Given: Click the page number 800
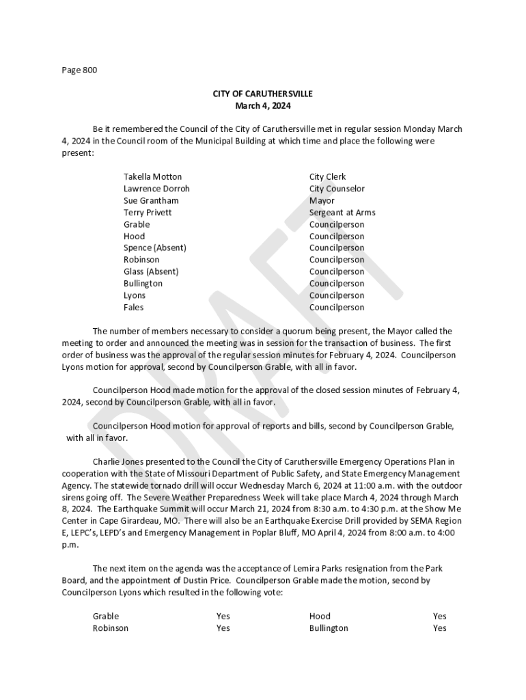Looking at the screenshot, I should click(89, 70).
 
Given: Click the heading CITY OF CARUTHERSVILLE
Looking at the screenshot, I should click(263, 94).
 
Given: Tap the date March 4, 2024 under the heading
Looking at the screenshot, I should click(263, 105).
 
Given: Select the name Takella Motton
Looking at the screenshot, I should click(152, 176).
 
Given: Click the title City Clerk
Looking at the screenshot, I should click(327, 176).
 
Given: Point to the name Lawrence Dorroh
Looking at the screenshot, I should click(156, 189).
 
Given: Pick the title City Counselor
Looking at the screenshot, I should click(337, 189).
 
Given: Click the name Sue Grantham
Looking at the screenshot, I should click(151, 200).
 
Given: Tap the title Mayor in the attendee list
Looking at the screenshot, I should click(322, 200).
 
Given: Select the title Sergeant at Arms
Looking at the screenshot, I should click(342, 213).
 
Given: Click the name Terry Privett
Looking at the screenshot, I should click(148, 213).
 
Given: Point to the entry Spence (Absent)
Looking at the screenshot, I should click(154, 247).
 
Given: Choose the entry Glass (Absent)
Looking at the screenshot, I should click(151, 271).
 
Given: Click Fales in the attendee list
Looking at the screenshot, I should click(134, 307).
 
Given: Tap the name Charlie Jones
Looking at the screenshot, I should click(118, 461).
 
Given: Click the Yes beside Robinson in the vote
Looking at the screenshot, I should click(223, 628).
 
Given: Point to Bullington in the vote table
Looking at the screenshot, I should click(329, 628).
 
